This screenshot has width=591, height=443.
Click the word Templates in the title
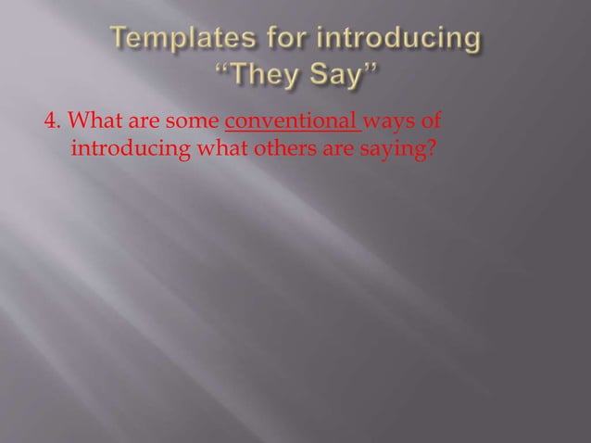coord(178,40)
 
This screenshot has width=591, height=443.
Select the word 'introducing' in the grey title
coord(401,40)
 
